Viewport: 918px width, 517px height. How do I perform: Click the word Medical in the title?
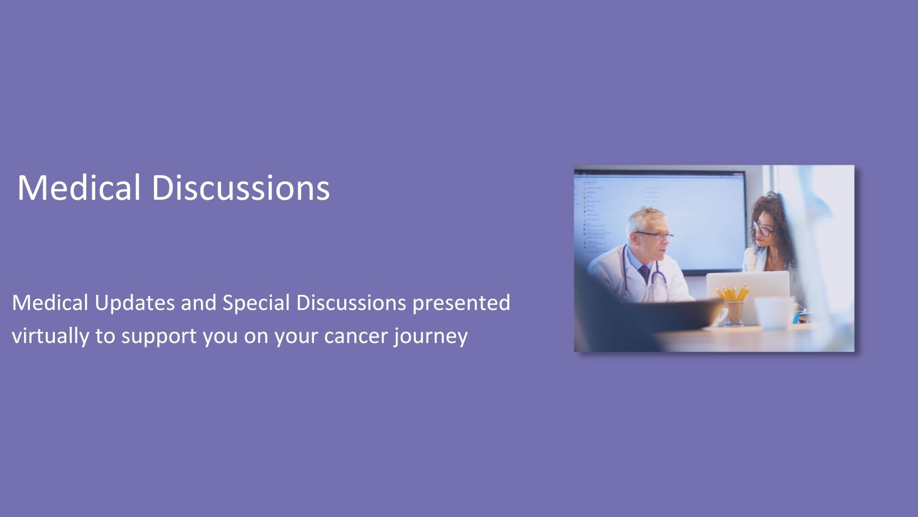point(79,187)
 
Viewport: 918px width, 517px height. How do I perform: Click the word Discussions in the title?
point(241,187)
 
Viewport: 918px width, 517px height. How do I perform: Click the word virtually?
point(50,336)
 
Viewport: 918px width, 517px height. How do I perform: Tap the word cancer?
point(356,337)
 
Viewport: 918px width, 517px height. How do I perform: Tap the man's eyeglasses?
point(654,236)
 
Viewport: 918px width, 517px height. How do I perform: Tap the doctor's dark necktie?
point(645,273)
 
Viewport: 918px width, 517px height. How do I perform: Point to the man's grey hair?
point(643,219)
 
